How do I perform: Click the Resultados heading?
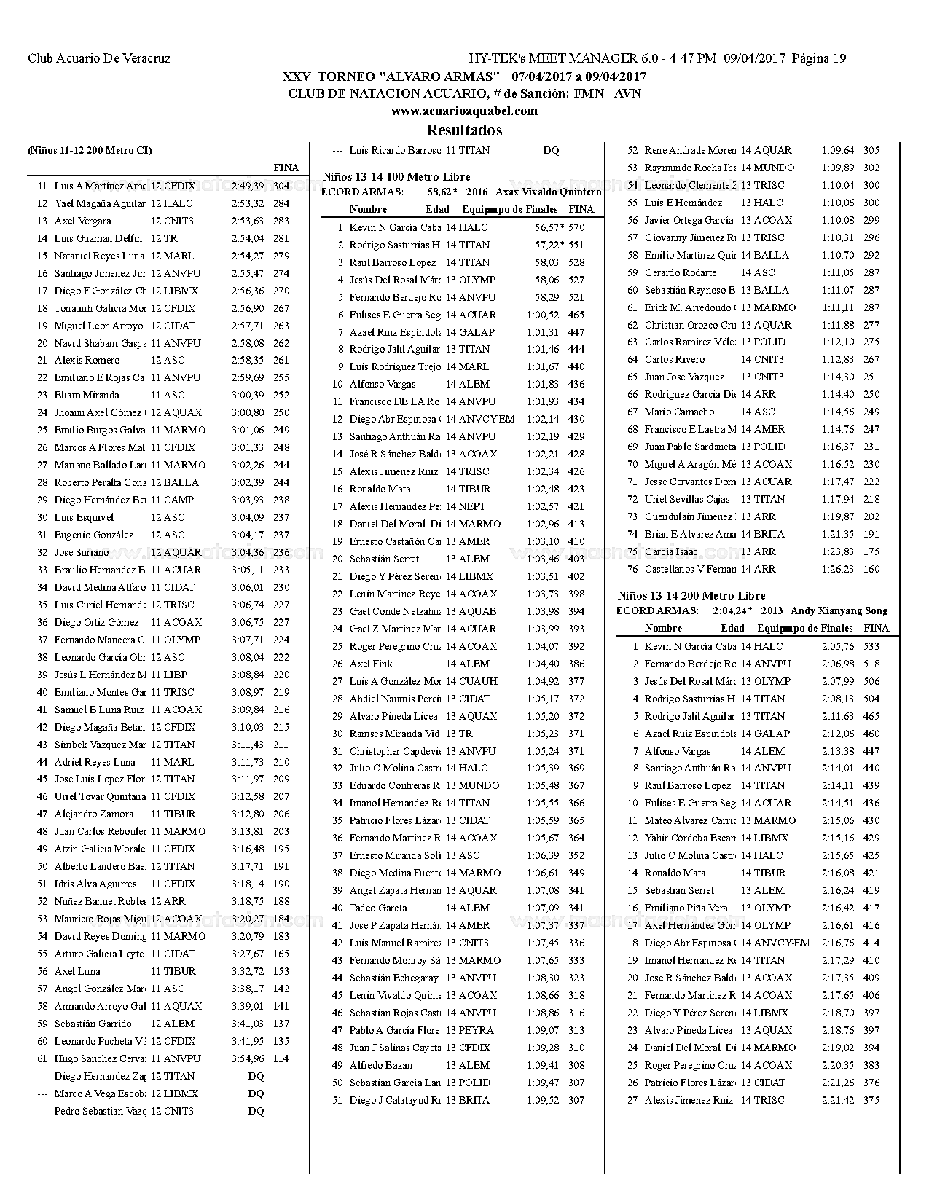pyautogui.click(x=464, y=130)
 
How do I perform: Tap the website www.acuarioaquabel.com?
pyautogui.click(x=464, y=111)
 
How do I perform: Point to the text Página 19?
pyautogui.click(x=819, y=58)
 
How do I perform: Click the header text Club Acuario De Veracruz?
pyautogui.click(x=99, y=58)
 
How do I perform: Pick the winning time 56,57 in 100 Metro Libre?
pyautogui.click(x=546, y=227)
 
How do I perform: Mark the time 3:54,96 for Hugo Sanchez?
pyautogui.click(x=248, y=1058)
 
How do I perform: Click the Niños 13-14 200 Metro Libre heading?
pyautogui.click(x=691, y=595)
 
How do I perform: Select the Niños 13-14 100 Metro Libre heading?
pyautogui.click(x=396, y=176)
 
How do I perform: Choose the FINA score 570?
pyautogui.click(x=576, y=227)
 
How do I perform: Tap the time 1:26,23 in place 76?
pyautogui.click(x=837, y=569)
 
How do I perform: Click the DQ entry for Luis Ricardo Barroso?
pyautogui.click(x=551, y=150)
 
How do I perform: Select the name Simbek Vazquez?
pyautogui.click(x=100, y=745)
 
